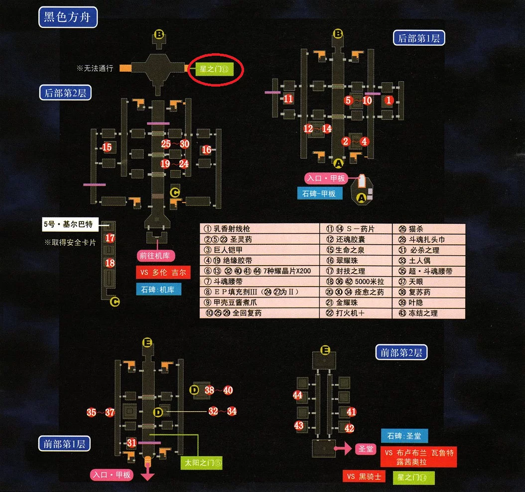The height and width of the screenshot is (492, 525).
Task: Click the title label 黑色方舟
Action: click(x=68, y=17)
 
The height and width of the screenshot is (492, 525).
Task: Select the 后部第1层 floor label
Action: click(x=419, y=38)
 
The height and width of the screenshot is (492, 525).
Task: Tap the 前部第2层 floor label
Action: click(x=401, y=352)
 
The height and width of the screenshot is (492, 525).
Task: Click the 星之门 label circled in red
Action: click(x=214, y=70)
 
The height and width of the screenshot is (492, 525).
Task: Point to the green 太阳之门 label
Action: click(x=201, y=463)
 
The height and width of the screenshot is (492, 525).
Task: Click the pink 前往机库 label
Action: click(x=156, y=256)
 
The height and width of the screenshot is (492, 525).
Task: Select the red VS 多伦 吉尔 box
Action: click(x=163, y=272)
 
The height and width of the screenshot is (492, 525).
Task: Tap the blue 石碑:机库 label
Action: click(x=159, y=290)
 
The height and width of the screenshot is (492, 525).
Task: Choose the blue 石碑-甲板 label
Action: click(x=320, y=194)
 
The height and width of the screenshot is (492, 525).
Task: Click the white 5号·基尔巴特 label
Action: click(x=70, y=224)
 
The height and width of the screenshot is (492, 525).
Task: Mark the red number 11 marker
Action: click(x=288, y=98)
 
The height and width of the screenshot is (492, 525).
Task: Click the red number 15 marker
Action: click(x=107, y=147)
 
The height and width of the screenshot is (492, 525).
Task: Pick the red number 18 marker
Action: click(x=110, y=263)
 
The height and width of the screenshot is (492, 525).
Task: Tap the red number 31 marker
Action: click(x=131, y=443)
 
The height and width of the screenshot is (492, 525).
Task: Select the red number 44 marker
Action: click(x=297, y=395)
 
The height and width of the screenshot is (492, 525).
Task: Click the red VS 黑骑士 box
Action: click(x=364, y=476)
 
